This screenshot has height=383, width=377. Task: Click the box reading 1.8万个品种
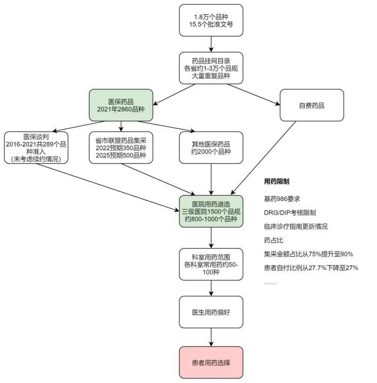tap(211, 20)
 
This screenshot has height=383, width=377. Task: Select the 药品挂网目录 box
tap(211, 68)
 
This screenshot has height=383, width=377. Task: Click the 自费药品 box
tap(312, 105)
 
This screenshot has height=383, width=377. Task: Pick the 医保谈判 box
tap(36, 148)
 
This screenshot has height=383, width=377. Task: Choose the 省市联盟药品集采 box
tap(121, 148)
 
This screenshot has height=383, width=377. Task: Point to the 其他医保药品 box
tap(211, 148)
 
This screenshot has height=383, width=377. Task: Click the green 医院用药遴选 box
tap(211, 211)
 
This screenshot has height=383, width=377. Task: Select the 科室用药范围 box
tap(211, 264)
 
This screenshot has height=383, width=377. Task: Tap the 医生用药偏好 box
tap(211, 312)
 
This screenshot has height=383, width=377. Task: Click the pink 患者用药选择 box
tap(211, 362)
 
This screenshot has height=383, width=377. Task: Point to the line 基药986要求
tap(282, 199)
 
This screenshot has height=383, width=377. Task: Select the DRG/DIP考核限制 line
tap(290, 213)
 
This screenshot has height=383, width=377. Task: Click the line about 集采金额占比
tap(308, 254)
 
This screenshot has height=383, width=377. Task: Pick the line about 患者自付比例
tap(311, 268)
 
